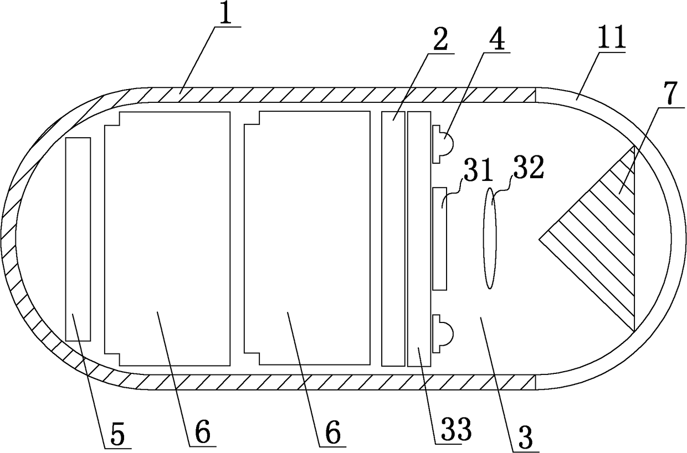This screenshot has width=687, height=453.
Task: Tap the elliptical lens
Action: (x=490, y=238)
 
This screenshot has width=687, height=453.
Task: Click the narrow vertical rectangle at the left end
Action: (x=78, y=239)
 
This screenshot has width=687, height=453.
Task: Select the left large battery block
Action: (x=167, y=238)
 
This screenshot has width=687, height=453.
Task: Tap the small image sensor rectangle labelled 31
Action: (x=439, y=238)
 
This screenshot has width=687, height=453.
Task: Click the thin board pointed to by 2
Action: (x=393, y=238)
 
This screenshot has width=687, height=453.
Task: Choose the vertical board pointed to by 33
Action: (x=419, y=238)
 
